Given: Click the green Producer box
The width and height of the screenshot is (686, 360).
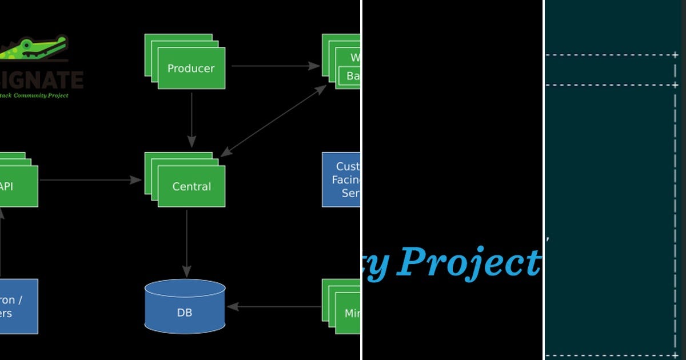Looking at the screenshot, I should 190,67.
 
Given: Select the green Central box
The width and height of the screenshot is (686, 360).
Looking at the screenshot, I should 191,186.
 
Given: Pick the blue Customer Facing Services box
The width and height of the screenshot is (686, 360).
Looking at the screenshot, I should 341,179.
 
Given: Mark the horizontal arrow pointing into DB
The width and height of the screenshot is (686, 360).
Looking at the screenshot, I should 274,307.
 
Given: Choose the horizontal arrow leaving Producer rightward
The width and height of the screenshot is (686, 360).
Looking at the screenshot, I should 275,66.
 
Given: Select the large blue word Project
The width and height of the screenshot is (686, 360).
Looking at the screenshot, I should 469,262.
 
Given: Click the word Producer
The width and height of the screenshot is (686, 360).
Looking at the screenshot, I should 190,69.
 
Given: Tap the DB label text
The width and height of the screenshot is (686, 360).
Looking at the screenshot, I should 185,313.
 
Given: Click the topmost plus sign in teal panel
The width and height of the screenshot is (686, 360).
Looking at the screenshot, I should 675,55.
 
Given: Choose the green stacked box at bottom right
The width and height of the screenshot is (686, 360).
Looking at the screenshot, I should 343,309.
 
